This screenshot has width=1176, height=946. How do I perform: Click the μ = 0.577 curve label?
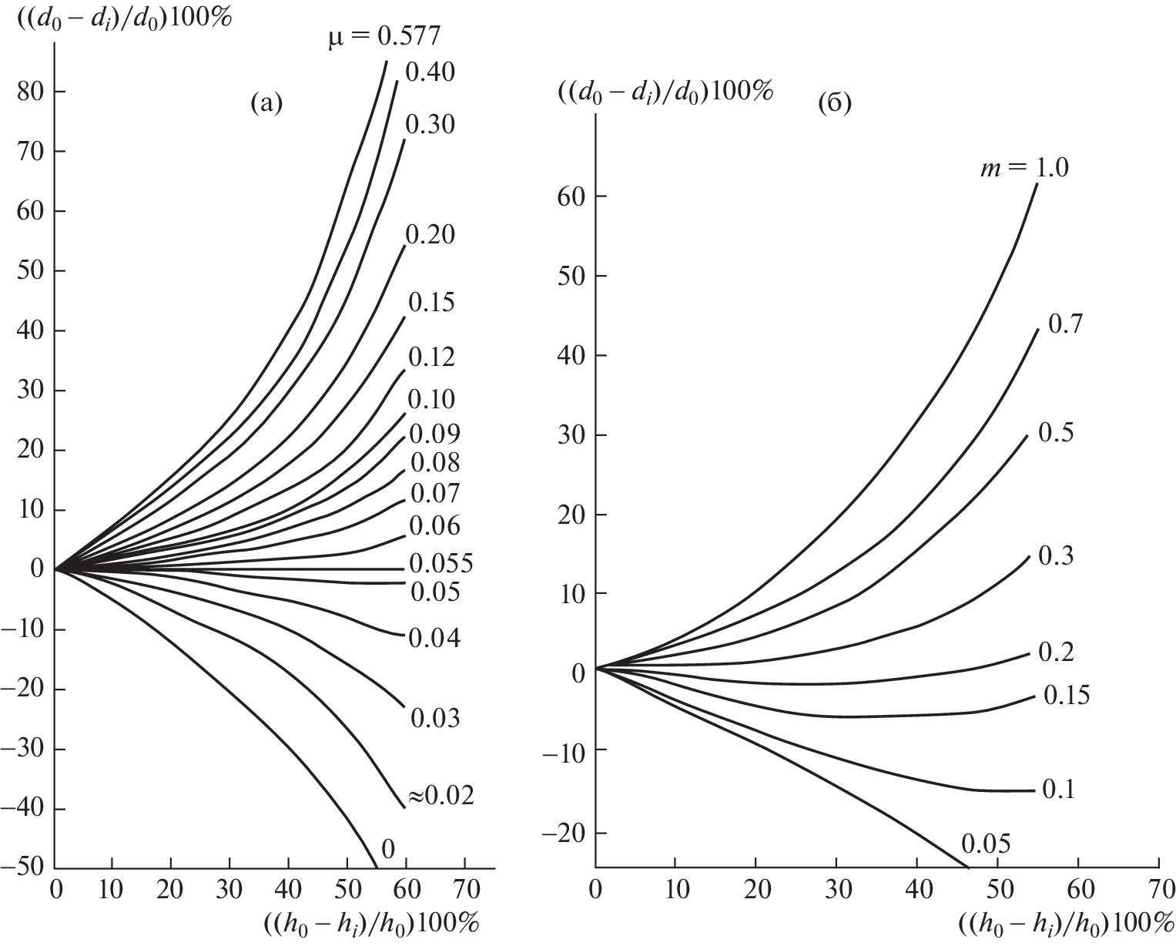coord(380,35)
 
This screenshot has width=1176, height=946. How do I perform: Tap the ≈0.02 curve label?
coord(440,796)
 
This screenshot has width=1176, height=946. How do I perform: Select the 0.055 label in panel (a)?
coord(440,563)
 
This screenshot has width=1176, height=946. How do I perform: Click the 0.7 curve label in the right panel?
coord(1066,324)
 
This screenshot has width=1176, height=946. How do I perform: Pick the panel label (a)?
coord(267,102)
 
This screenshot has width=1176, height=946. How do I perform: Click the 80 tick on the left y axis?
coord(30,92)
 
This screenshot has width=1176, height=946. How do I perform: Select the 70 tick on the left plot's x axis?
coord(464,890)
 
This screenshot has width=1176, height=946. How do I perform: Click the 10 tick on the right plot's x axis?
coord(675,890)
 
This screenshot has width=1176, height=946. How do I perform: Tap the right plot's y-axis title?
coord(665,90)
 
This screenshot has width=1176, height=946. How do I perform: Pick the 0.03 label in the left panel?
coord(435,718)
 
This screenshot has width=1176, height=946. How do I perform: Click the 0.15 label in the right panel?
coord(1067,696)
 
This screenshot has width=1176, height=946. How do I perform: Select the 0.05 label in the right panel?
coord(985,844)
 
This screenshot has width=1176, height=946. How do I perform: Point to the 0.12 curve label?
coord(431,357)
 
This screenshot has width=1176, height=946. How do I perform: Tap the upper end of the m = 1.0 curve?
coord(1037,186)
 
